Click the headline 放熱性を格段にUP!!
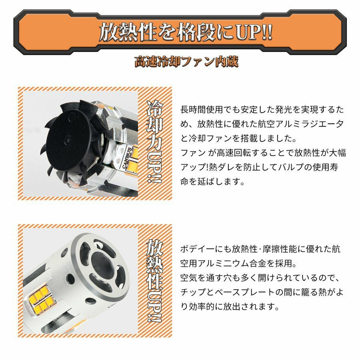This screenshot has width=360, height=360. (186, 32)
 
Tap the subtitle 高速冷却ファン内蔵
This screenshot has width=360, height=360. (186, 62)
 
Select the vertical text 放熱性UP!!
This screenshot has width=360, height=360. (154, 280)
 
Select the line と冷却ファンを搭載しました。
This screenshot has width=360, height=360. (238, 138)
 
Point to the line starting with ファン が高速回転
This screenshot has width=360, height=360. (263, 153)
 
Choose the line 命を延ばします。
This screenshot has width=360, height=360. (212, 182)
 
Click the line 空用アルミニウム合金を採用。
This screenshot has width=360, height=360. (238, 263)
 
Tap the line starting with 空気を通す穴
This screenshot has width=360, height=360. (260, 278)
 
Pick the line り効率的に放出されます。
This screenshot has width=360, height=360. (230, 306)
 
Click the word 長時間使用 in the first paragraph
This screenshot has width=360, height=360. (202, 110)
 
